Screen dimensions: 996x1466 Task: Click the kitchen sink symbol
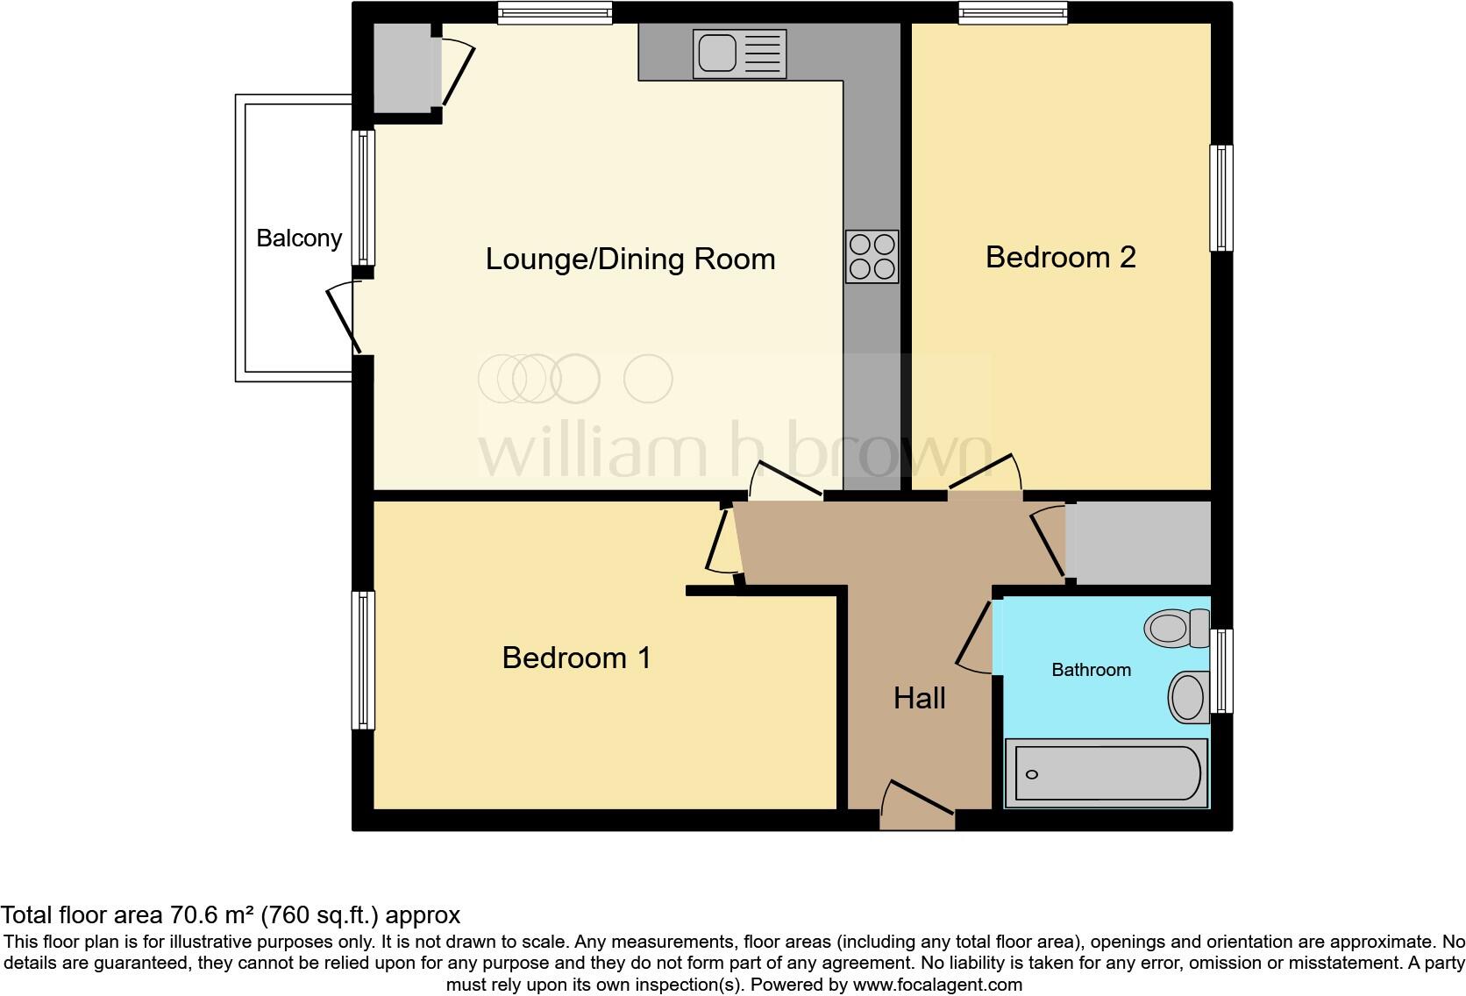click(739, 53)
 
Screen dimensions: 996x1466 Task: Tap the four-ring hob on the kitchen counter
click(872, 256)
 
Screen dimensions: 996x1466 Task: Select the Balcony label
click(299, 238)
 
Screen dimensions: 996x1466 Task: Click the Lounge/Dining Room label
click(630, 260)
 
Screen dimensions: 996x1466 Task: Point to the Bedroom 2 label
click(1060, 257)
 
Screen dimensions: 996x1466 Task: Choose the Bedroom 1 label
click(576, 658)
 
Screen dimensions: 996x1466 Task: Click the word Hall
click(919, 699)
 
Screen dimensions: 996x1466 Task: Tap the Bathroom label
click(1091, 670)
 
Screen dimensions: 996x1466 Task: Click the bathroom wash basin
click(1188, 698)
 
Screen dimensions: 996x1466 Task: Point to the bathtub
click(1106, 773)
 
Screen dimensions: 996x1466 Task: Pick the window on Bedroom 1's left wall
click(363, 659)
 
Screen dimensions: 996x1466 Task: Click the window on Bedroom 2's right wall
click(1220, 198)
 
